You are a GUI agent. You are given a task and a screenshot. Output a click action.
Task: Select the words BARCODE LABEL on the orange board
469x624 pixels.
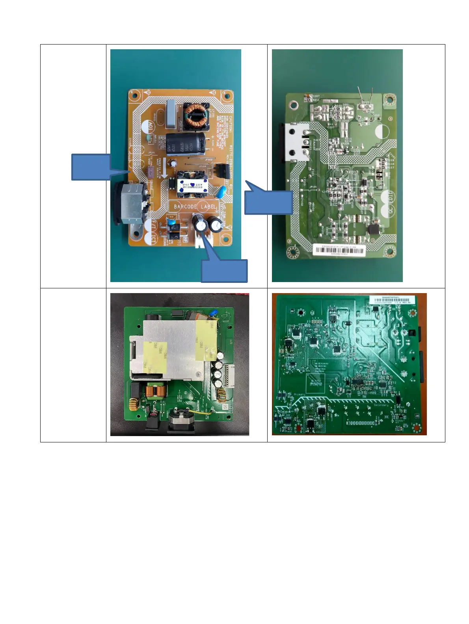(195, 206)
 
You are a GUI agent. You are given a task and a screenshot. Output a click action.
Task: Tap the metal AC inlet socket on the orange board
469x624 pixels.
(132, 207)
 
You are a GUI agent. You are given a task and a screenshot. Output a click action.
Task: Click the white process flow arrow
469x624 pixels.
(164, 169)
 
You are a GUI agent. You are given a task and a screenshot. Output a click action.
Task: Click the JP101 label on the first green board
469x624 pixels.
(314, 186)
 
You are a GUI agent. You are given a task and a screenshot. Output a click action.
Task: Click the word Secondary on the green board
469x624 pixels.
(378, 405)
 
